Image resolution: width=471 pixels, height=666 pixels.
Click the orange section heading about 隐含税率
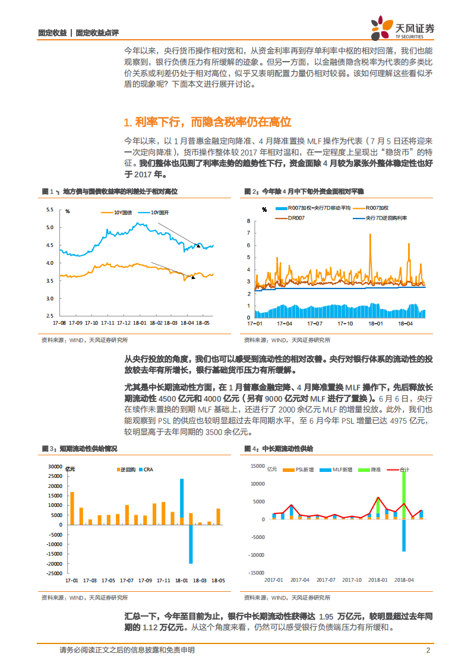(x=208, y=122)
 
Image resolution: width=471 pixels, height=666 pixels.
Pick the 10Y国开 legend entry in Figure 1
(x=155, y=212)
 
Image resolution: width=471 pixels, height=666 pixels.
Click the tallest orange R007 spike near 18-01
(x=371, y=236)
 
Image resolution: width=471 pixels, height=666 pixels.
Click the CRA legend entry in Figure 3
(x=147, y=470)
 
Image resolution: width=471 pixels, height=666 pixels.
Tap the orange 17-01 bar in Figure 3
(x=72, y=508)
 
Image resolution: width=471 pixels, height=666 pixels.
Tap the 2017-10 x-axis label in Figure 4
(x=352, y=579)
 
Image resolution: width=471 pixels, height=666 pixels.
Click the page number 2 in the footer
(x=428, y=650)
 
